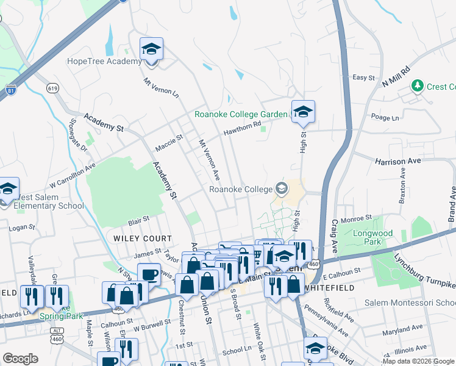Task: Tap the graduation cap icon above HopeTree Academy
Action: pos(151,49)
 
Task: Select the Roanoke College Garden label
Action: pos(241,114)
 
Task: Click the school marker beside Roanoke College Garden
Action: pos(302,112)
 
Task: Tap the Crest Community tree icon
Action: pos(418,86)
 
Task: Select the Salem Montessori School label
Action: pos(410,303)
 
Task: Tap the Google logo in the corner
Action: pos(21,359)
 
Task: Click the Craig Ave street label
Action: pos(334,235)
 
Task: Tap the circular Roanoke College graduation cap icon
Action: pos(281,188)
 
